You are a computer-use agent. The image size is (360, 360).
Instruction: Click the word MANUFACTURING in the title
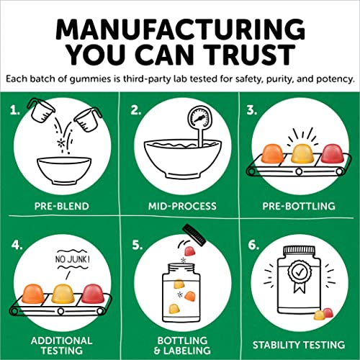[180, 30]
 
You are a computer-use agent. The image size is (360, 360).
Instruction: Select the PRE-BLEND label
[62, 206]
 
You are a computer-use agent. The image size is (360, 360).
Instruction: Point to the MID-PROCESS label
[182, 206]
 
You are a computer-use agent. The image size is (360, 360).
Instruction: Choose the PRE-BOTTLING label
[299, 206]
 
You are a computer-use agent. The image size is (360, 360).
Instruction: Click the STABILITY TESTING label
[299, 345]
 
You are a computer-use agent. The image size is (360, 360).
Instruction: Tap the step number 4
[17, 246]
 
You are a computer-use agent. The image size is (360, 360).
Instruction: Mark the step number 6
[253, 246]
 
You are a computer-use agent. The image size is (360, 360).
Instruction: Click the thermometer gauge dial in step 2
[200, 117]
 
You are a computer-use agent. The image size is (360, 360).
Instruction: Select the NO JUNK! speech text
[73, 259]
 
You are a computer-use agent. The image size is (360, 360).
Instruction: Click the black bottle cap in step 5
[194, 235]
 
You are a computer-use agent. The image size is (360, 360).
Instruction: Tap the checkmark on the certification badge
[299, 272]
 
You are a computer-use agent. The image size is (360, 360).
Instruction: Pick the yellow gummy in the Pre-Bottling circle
[302, 154]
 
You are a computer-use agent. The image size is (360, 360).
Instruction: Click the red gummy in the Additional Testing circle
[94, 294]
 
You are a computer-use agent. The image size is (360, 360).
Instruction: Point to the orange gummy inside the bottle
[190, 296]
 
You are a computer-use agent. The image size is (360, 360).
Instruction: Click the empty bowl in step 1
[64, 171]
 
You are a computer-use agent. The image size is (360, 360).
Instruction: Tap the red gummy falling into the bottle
[189, 251]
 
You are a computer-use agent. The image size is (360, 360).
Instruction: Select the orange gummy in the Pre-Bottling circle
[273, 153]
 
